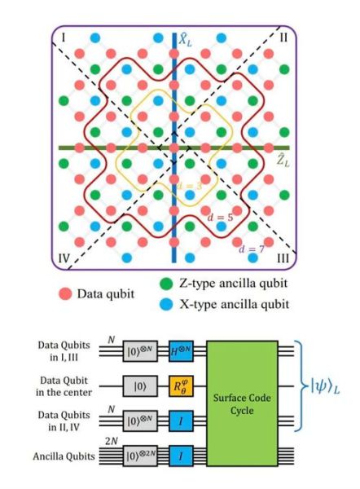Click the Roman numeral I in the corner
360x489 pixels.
[64, 37]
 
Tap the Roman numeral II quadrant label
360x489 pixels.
[283, 37]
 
